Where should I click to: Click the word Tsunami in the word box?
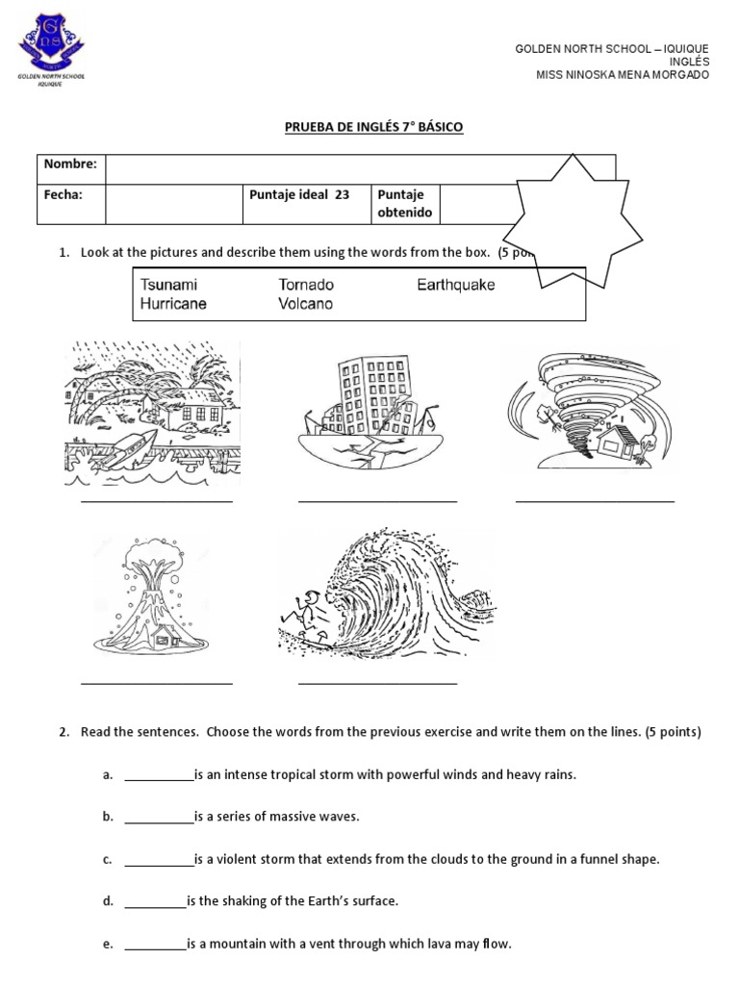pyautogui.click(x=169, y=286)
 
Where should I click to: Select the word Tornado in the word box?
pyautogui.click(x=306, y=286)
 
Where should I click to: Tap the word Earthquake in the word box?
pyautogui.click(x=455, y=286)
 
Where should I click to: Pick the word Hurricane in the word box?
pyautogui.click(x=173, y=304)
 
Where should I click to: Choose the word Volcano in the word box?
pyautogui.click(x=305, y=304)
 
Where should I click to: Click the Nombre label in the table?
pyautogui.click(x=70, y=164)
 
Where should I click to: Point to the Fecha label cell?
pyautogui.click(x=64, y=195)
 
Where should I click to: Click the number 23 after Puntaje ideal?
pyautogui.click(x=342, y=195)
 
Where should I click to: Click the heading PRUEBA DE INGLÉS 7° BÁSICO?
pyautogui.click(x=369, y=127)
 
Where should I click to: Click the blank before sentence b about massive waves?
pyautogui.click(x=159, y=818)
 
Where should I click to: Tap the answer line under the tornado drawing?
pyautogui.click(x=595, y=500)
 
